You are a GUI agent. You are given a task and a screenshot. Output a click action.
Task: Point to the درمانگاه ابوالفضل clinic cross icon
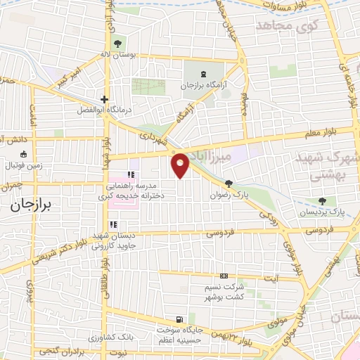click(104, 99)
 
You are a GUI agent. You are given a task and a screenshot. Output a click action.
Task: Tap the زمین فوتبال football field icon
click(24, 155)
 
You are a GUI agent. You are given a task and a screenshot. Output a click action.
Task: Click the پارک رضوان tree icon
click(229, 181)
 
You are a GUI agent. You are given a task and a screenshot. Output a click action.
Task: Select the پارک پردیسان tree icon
click(323, 200)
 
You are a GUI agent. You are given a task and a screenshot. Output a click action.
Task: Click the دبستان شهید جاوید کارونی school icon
click(113, 225)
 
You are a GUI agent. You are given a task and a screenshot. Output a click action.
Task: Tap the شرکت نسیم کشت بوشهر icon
click(224, 276)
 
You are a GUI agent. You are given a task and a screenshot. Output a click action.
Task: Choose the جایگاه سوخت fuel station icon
click(184, 319)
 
